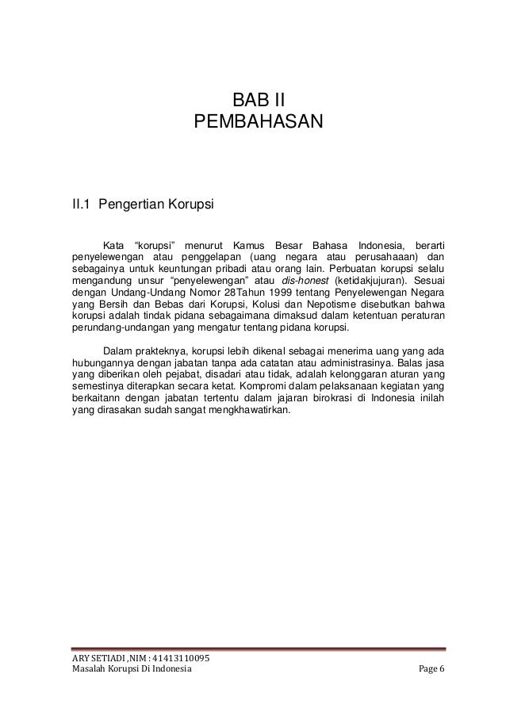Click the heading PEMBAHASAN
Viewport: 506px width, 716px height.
(x=258, y=123)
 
